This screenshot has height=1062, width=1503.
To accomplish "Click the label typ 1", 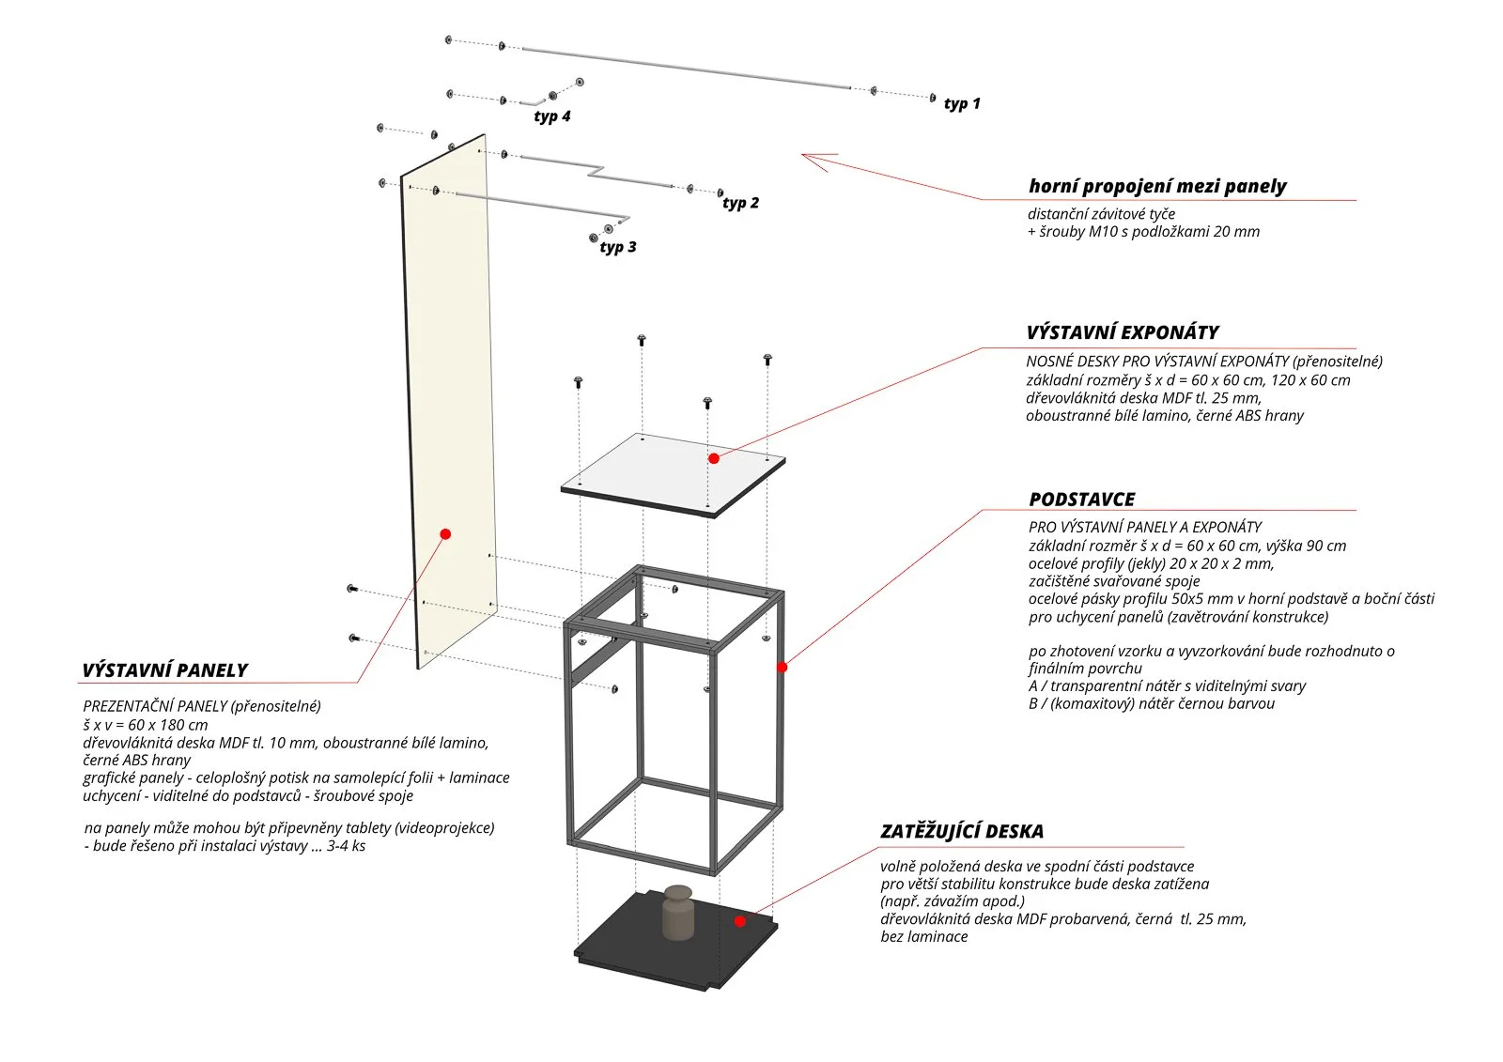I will tap(962, 103).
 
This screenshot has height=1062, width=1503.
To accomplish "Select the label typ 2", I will tap(740, 203).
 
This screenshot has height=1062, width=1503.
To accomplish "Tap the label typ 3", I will tap(618, 247).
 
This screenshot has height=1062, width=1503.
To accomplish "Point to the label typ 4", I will tap(552, 116).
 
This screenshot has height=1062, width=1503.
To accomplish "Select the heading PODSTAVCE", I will tap(1082, 500).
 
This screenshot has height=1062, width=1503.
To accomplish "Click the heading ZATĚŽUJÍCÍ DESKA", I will tap(962, 831).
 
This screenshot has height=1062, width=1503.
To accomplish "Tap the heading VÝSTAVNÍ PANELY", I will tap(164, 670).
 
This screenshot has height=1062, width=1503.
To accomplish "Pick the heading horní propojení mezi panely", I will tap(1157, 186).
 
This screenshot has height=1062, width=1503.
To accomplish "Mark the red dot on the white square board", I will tap(714, 458).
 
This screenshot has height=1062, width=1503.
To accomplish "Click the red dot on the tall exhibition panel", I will tap(445, 534).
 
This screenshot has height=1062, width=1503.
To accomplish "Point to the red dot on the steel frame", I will tap(782, 667).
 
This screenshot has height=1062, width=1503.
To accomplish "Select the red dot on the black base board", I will tap(740, 921).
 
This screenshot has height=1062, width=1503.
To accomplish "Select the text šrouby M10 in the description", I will tap(1077, 232).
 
